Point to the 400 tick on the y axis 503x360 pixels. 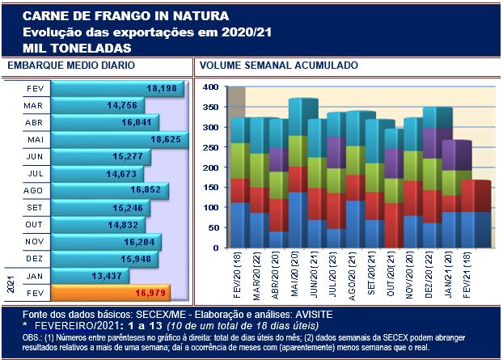pyautogui.click(x=209, y=87)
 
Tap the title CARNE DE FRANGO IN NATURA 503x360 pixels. pyautogui.click(x=125, y=16)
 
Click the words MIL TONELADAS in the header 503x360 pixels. pyautogui.click(x=77, y=48)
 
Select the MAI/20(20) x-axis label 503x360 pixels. pyautogui.click(x=294, y=272)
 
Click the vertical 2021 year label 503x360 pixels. pyautogui.click(x=11, y=283)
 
